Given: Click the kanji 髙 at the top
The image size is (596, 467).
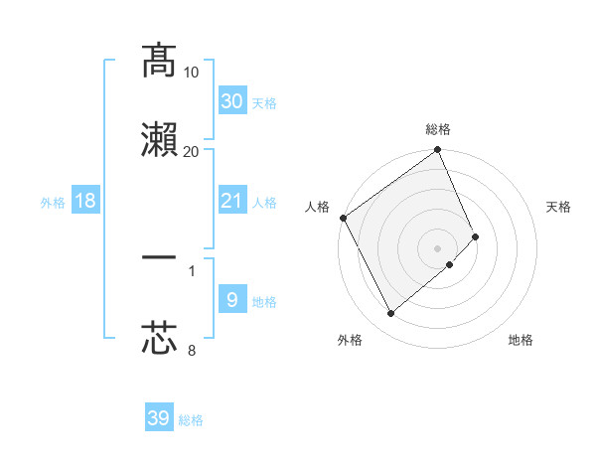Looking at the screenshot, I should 159,61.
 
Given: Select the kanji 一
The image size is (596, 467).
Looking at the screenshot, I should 159,259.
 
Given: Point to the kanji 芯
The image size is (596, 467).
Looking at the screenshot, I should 159,339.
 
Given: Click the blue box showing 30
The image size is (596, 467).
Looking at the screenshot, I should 231,100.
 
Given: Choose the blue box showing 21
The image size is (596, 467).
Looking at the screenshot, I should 231,201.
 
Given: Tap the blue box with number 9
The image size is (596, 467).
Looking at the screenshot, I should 231,300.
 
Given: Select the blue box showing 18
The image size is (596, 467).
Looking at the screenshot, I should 84,201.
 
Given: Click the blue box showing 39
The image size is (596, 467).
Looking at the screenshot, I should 159,418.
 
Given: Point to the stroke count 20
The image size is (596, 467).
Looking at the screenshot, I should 192,151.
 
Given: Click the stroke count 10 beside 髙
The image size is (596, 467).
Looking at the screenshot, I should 192,72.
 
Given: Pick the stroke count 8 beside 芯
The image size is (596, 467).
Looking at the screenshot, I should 192,350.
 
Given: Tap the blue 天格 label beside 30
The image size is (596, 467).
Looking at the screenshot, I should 264,103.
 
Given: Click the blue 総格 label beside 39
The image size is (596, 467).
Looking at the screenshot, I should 191,421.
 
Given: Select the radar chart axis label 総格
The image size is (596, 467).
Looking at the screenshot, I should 438,128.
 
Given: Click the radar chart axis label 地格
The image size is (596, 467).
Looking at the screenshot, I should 521,341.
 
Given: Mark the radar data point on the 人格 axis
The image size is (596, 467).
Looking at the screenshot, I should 343,218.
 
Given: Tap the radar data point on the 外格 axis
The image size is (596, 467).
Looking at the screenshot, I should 390,314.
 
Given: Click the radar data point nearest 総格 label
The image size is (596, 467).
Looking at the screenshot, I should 438,151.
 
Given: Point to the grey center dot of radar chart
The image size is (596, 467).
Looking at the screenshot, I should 438,246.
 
